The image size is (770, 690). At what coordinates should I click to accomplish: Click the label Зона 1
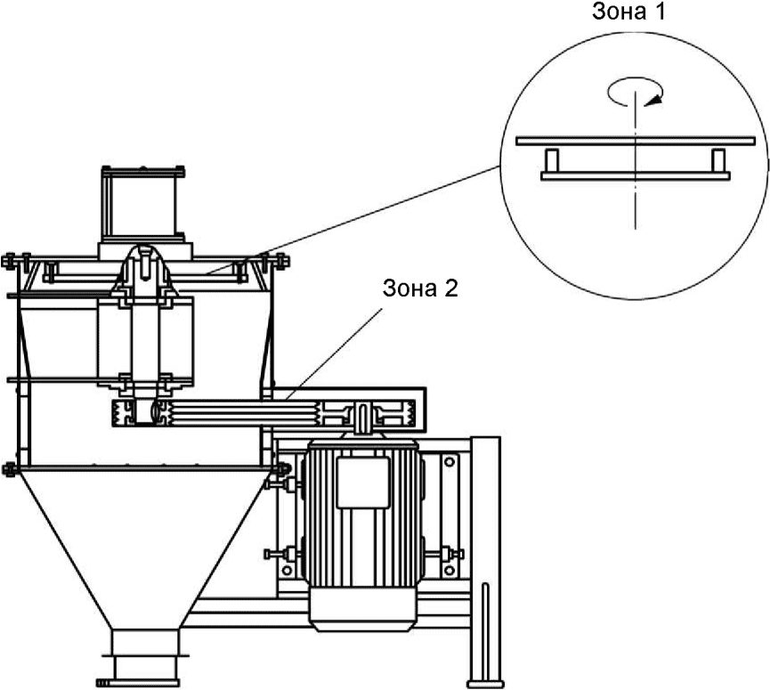click(x=628, y=12)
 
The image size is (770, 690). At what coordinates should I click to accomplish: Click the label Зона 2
click(x=420, y=288)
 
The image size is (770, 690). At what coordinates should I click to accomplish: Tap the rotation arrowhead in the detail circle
click(x=654, y=101)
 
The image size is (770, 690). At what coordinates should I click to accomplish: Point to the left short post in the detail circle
click(x=552, y=160)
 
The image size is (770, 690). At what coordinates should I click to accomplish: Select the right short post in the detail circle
click(x=718, y=160)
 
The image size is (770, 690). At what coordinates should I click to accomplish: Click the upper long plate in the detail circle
click(x=636, y=141)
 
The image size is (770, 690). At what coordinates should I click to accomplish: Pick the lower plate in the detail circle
click(x=636, y=175)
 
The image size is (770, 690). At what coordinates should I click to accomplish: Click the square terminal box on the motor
click(x=363, y=483)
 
